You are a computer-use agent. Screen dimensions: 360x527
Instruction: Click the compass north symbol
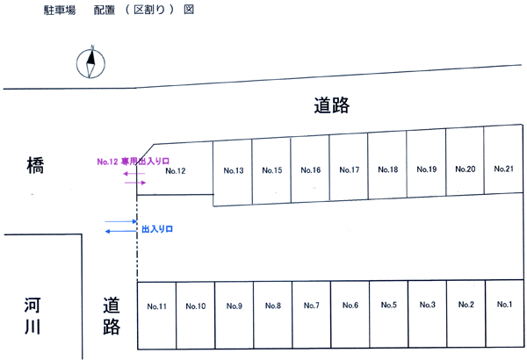[91, 63]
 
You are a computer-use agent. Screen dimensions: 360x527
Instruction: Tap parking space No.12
[176, 171]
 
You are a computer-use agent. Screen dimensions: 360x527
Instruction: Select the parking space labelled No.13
[233, 170]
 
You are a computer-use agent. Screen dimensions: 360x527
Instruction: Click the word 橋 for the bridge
[36, 166]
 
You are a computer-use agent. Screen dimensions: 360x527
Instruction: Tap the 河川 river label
[36, 318]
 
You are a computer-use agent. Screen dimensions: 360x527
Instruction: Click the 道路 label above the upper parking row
[331, 106]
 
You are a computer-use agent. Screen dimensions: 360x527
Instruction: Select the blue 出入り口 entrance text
[157, 228]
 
